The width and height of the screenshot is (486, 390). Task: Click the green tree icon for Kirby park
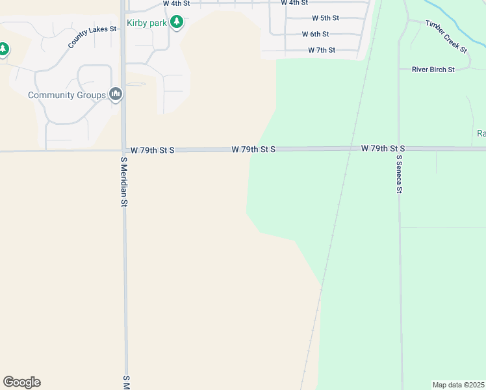tap(177, 23)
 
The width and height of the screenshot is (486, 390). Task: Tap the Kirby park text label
tap(147, 23)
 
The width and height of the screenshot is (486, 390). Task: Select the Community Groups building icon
tap(116, 95)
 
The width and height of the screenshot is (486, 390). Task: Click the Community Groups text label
tap(66, 96)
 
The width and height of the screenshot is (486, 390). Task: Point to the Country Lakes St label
tap(92, 38)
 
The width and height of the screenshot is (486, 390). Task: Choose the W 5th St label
tap(326, 18)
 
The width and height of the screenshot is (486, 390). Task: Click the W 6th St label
tap(316, 34)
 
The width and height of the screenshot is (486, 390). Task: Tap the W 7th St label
tap(322, 50)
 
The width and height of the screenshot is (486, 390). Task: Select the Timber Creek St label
tap(447, 35)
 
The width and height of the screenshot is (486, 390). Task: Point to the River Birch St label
tap(433, 69)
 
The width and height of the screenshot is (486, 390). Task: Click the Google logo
tap(21, 382)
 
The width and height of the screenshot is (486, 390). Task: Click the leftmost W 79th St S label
tap(152, 150)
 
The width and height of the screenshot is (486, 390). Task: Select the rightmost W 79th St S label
tap(383, 149)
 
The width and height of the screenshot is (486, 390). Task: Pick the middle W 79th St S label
tap(253, 149)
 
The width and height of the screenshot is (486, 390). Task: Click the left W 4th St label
tap(176, 3)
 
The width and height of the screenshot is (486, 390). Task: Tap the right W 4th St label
tap(294, 3)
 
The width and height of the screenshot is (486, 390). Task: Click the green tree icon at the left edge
tap(3, 49)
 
